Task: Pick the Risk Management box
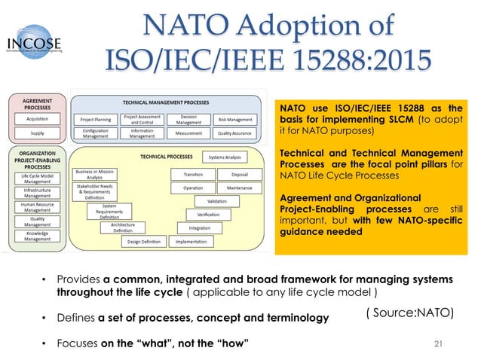click(234, 119)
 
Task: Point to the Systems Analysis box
click(225, 157)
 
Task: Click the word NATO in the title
click(164, 25)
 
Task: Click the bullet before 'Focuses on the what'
click(44, 345)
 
